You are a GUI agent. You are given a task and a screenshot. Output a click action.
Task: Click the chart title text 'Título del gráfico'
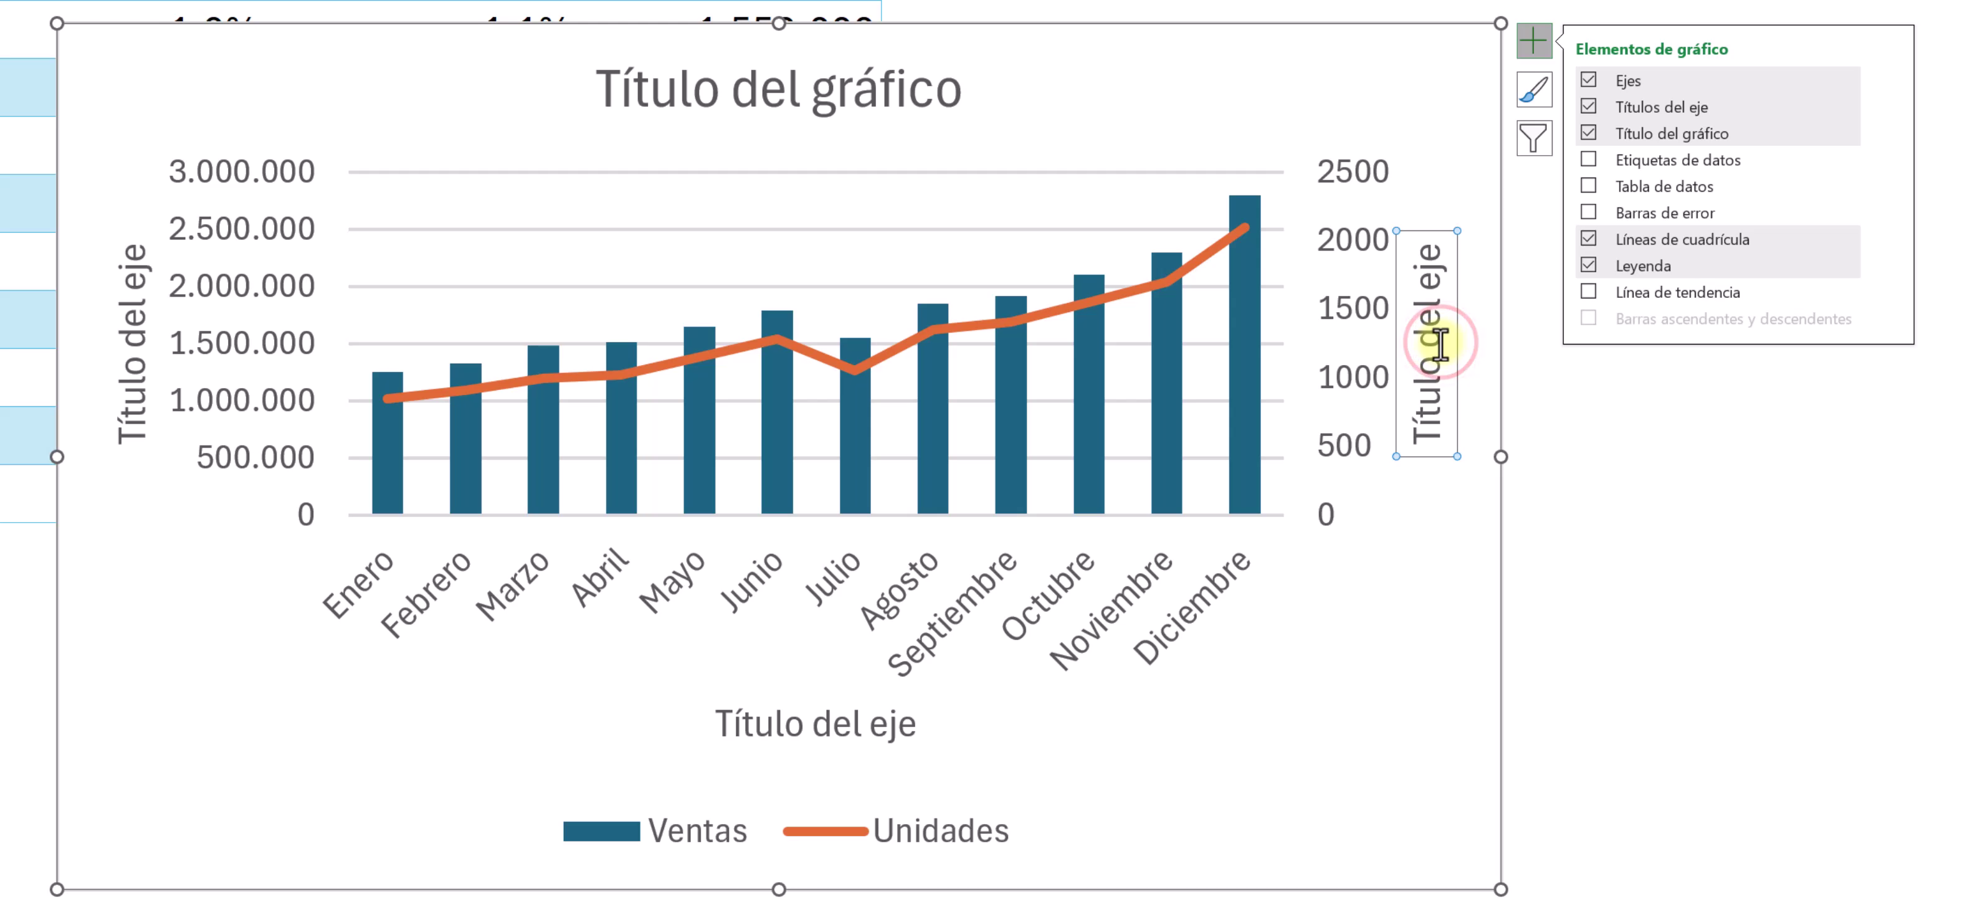click(x=778, y=90)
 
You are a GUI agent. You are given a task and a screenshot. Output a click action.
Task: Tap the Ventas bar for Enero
click(x=387, y=458)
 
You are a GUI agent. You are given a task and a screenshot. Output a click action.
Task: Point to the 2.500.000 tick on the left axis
click(x=242, y=229)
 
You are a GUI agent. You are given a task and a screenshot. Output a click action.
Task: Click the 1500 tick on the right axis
click(x=1352, y=308)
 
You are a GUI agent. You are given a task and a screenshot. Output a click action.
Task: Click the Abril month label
click(x=601, y=577)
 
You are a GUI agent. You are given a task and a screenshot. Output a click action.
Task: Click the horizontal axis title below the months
click(x=815, y=724)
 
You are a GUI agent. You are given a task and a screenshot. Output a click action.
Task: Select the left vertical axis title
click(x=131, y=343)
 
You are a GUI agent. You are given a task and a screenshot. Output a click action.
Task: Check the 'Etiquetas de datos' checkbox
click(x=1588, y=159)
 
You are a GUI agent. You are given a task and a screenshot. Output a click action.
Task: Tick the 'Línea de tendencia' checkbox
click(x=1588, y=292)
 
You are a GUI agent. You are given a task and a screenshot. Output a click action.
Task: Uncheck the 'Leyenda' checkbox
click(x=1588, y=265)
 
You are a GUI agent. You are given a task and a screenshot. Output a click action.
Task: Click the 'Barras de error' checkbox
click(x=1588, y=212)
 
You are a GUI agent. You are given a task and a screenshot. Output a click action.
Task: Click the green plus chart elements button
click(x=1533, y=40)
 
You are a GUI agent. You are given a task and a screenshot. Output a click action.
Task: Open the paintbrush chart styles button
click(x=1533, y=90)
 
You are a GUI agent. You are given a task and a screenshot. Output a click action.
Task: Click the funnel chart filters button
click(x=1533, y=138)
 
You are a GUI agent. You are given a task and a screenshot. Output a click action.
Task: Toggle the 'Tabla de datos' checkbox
click(x=1588, y=186)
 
